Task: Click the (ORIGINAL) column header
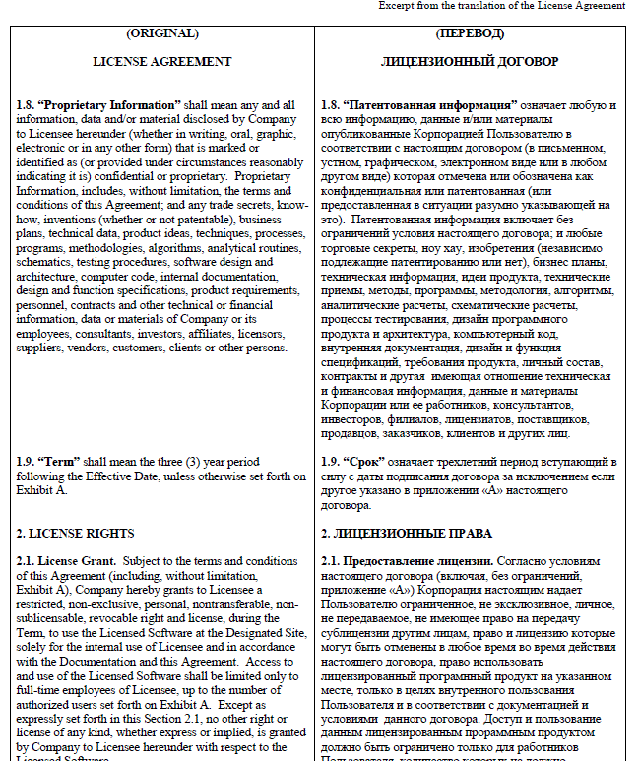pos(162,33)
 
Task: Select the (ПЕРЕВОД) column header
pos(470,33)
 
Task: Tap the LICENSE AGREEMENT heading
pos(162,61)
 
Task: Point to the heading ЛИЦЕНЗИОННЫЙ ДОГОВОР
pos(470,61)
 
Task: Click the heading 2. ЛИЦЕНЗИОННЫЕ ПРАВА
pos(407,534)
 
